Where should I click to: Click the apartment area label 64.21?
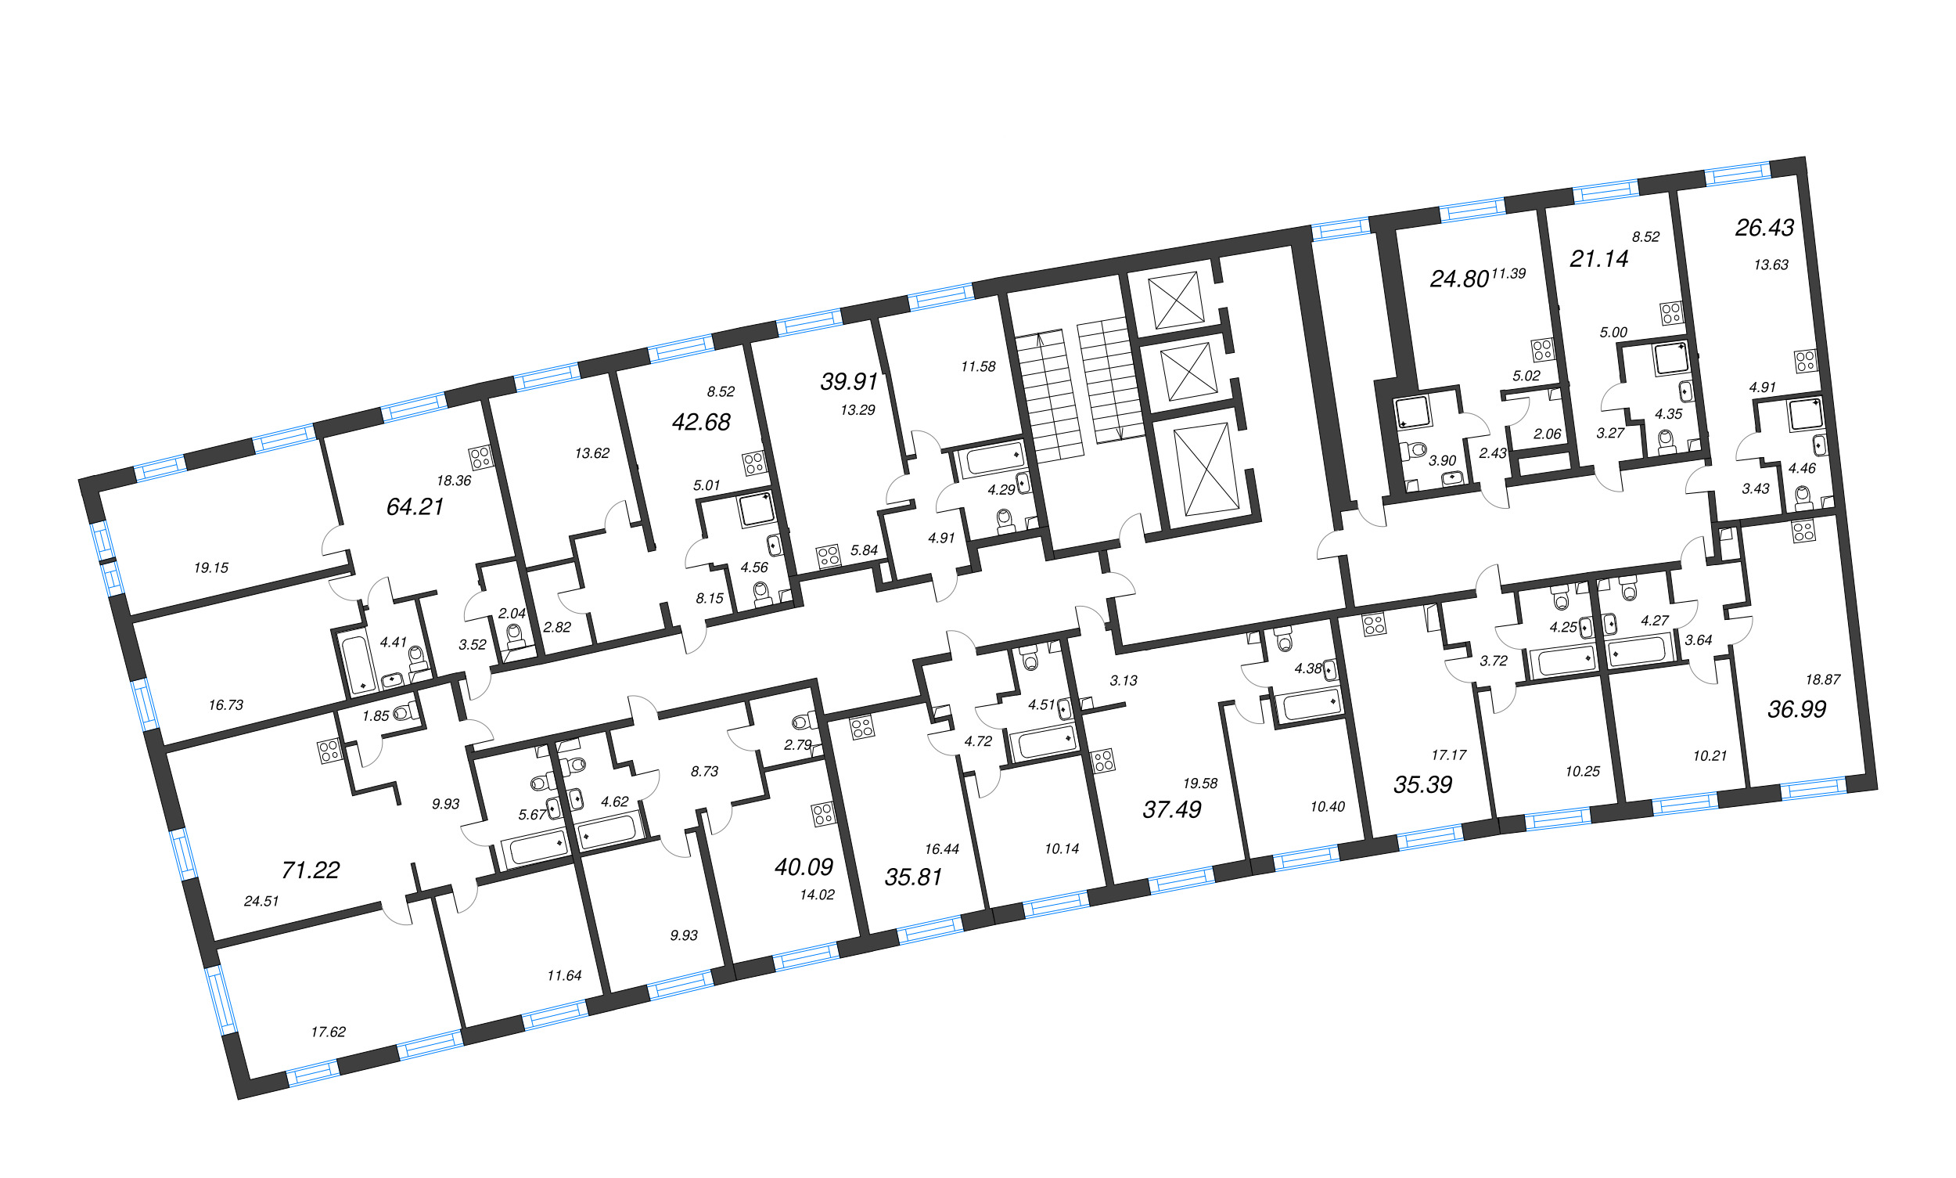point(414,506)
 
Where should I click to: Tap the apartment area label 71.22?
point(311,870)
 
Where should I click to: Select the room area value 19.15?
point(211,567)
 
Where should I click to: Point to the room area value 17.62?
point(328,1032)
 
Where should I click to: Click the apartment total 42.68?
point(701,422)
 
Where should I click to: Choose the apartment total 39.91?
point(849,381)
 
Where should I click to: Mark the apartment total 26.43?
point(1764,228)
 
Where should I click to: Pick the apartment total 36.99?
point(1796,709)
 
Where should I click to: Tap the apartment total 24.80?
point(1458,279)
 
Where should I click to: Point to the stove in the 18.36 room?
point(480,457)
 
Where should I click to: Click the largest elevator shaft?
point(1206,468)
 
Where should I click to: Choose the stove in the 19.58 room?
point(1104,762)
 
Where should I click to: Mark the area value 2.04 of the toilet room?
point(512,613)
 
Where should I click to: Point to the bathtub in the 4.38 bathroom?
point(1310,704)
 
